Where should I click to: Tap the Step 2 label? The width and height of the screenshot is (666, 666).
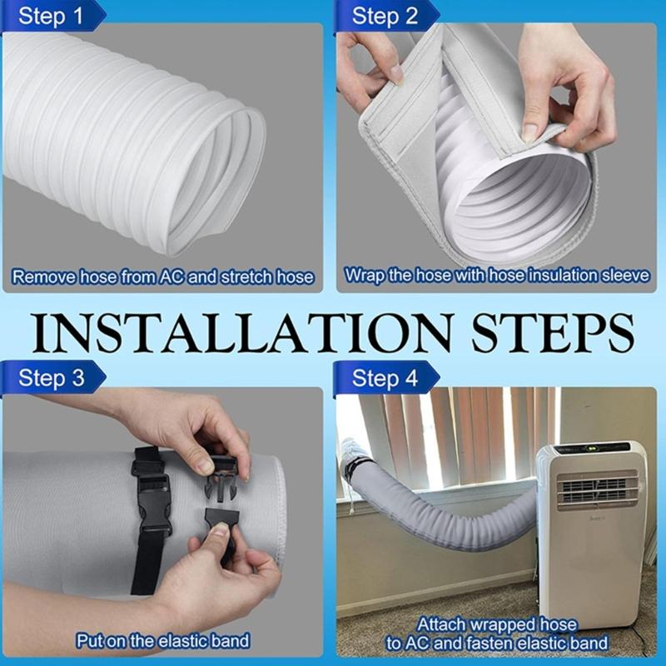pyautogui.click(x=384, y=16)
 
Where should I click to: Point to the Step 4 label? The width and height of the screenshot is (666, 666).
pyautogui.click(x=384, y=379)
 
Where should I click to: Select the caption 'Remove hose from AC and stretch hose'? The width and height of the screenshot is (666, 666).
pyautogui.click(x=163, y=276)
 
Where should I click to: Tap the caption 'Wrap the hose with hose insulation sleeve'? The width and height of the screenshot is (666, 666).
pyautogui.click(x=496, y=275)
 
